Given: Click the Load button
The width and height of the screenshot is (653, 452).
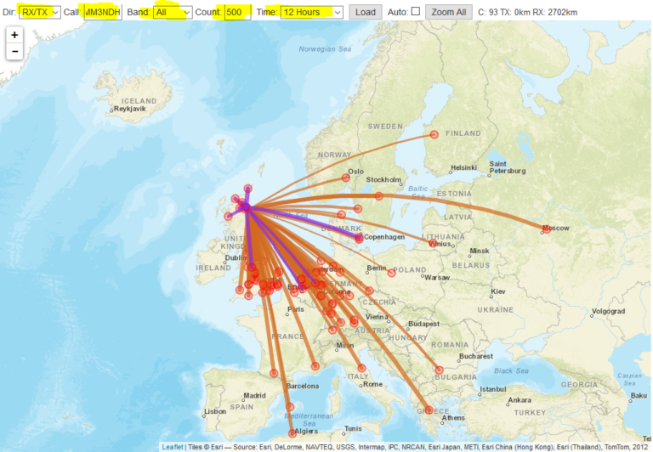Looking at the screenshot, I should tap(365, 12).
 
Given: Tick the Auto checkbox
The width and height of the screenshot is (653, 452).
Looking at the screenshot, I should tap(415, 12).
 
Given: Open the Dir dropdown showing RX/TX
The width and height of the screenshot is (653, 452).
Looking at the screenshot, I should tap(40, 12).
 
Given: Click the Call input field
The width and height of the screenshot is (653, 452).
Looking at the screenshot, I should tap(103, 12).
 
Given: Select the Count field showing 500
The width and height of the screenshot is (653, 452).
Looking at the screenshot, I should tap(238, 12).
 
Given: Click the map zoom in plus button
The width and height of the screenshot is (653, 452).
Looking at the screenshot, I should tap(14, 36).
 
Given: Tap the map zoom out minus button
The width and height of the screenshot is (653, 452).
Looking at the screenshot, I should tap(14, 52).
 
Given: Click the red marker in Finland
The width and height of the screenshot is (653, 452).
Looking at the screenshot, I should tap(434, 134).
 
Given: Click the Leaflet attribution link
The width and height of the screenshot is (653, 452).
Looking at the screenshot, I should tap(173, 446).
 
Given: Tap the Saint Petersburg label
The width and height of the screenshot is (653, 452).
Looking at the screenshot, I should tap(510, 167).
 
